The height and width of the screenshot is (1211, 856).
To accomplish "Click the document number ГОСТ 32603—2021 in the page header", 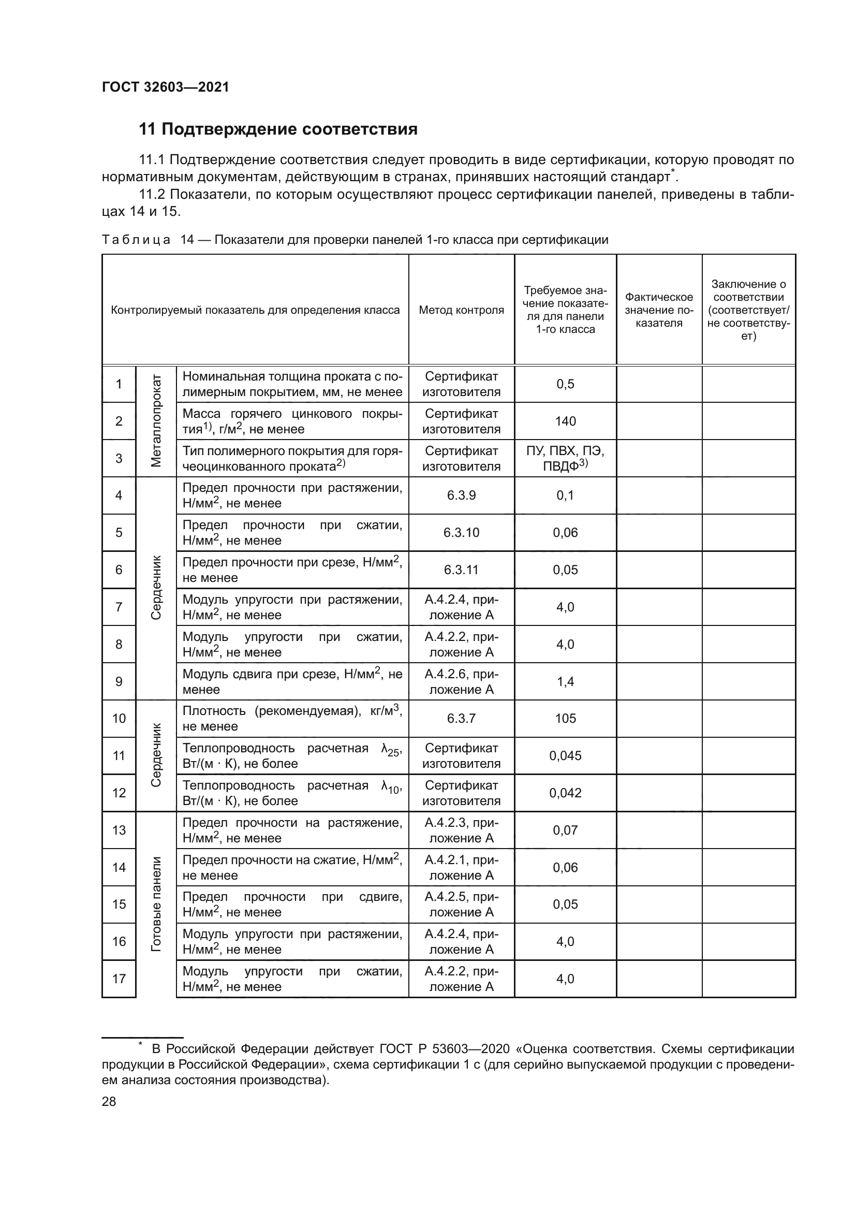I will click(x=166, y=87).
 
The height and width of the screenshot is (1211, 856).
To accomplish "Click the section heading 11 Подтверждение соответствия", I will click(x=278, y=129).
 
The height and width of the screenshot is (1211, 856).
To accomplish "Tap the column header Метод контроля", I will click(x=461, y=310).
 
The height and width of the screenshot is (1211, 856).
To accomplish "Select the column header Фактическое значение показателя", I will click(x=659, y=310).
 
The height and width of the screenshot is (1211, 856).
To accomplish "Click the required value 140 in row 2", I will click(x=565, y=421).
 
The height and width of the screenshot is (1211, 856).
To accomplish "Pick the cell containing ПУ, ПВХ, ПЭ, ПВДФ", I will click(x=565, y=458).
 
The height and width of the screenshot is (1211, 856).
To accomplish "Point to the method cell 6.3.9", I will click(x=461, y=495).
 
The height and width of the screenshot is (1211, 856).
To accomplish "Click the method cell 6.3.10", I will click(x=461, y=532).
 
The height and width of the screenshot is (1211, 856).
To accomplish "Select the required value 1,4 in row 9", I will click(x=565, y=681).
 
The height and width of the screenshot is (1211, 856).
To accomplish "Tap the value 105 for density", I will click(x=565, y=719).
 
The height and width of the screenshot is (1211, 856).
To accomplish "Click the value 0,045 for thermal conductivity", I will click(x=565, y=756).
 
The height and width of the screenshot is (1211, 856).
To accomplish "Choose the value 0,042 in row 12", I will click(x=565, y=793).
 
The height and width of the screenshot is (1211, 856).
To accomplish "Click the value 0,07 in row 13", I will click(x=565, y=830).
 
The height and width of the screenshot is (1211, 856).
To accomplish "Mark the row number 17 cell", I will click(x=119, y=979).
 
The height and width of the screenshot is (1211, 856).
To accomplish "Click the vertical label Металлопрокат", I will click(x=156, y=421).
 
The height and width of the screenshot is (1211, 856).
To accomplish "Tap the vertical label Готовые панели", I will click(x=156, y=904).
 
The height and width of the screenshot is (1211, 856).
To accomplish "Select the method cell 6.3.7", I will click(x=461, y=719).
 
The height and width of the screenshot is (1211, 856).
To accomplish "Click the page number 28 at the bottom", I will click(x=109, y=1101).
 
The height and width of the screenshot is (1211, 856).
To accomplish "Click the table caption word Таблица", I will click(x=136, y=240).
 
